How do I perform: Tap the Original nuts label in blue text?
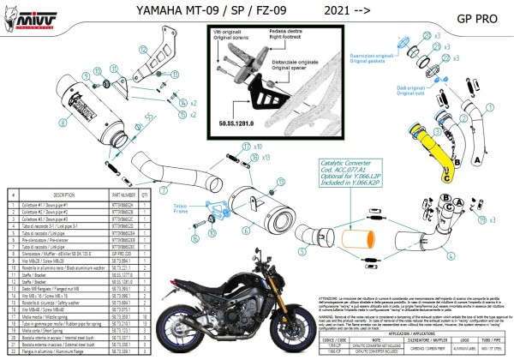point(402,90)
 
